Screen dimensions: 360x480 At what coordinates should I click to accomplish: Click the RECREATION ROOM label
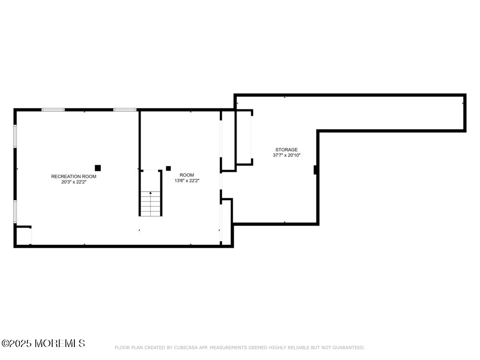pyautogui.click(x=73, y=177)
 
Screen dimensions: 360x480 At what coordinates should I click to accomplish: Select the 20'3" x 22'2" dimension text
pyautogui.click(x=73, y=182)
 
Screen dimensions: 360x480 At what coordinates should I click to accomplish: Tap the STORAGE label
pyautogui.click(x=286, y=150)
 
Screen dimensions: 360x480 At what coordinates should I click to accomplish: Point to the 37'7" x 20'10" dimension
pyautogui.click(x=286, y=156)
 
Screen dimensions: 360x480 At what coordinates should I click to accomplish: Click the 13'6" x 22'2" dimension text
pyautogui.click(x=187, y=181)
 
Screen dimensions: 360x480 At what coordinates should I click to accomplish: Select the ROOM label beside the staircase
pyautogui.click(x=187, y=175)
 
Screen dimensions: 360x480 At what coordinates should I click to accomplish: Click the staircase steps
pyautogui.click(x=151, y=204)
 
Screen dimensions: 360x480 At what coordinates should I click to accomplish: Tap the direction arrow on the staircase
pyautogui.click(x=151, y=193)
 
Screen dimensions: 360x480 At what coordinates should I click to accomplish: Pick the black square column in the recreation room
pyautogui.click(x=97, y=168)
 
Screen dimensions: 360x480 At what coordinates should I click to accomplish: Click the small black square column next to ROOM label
pyautogui.click(x=168, y=168)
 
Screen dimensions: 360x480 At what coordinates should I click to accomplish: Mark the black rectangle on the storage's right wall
pyautogui.click(x=315, y=170)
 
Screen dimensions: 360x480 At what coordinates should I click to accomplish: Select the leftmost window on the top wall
pyautogui.click(x=53, y=110)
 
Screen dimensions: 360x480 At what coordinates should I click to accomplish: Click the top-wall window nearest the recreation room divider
pyautogui.click(x=125, y=110)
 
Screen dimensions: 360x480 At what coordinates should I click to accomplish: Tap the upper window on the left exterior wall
pyautogui.click(x=15, y=136)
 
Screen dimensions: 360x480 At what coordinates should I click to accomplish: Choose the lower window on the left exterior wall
pyautogui.click(x=15, y=212)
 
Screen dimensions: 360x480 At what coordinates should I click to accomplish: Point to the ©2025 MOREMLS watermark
pyautogui.click(x=43, y=344)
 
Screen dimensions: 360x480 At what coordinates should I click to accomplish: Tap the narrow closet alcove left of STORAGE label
pyautogui.click(x=243, y=138)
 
